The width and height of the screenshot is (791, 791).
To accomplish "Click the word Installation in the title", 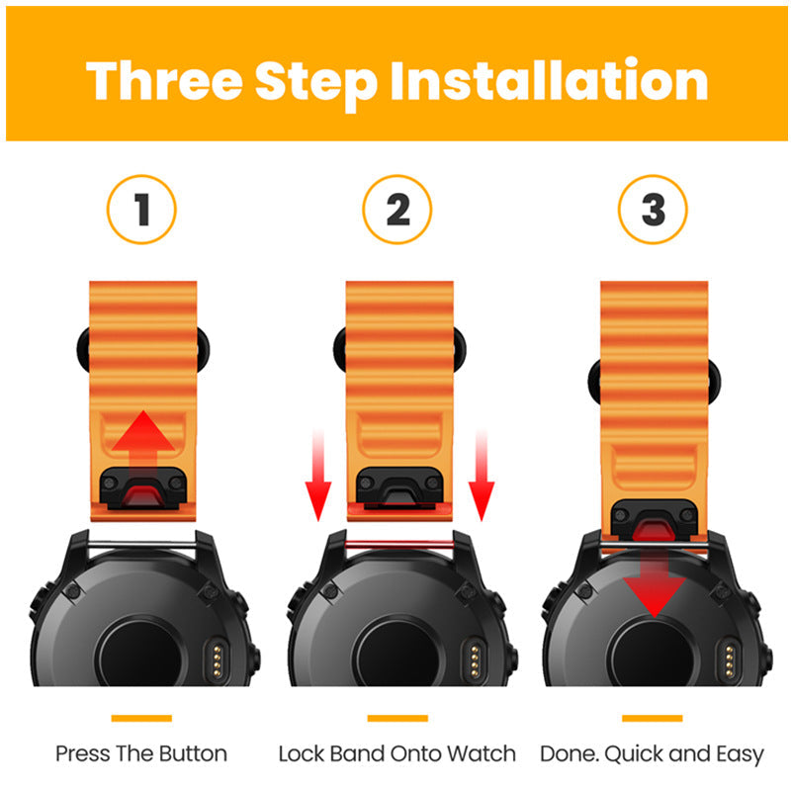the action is point(550,81).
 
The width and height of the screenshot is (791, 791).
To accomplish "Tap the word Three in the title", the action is point(165,81).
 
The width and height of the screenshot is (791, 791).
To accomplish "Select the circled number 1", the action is point(141,210).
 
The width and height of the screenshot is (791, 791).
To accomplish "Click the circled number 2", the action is point(397,210).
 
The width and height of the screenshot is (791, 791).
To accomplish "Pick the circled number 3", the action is point(654,210).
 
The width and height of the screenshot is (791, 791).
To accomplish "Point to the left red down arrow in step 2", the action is point(318,476).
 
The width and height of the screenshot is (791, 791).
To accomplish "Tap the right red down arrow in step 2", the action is point(482,476).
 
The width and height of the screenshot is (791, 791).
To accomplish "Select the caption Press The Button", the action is point(141,753).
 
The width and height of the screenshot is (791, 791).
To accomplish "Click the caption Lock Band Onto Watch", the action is point(397,753).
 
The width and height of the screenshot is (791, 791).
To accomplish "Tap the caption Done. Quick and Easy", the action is point(653,754).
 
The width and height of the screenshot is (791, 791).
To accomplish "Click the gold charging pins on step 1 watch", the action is point(218,659).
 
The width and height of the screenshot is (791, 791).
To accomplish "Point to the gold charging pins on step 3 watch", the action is point(730,659).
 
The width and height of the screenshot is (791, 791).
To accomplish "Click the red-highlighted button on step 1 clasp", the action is point(141,495).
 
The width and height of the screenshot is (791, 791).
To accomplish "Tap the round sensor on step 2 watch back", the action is point(398,655).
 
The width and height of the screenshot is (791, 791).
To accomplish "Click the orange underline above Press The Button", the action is point(141,719).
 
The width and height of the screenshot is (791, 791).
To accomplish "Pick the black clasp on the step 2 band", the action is point(399,487).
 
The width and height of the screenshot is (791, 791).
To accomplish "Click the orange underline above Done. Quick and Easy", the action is point(653,719).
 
